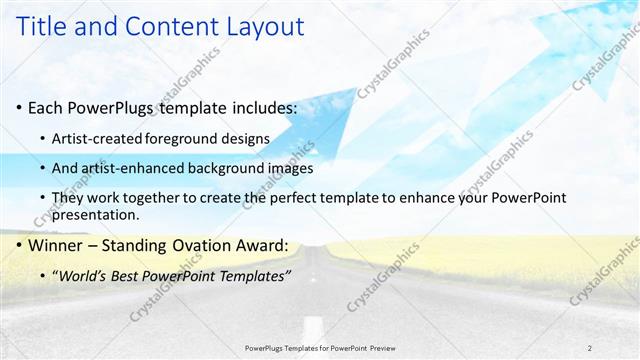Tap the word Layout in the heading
point(243,29)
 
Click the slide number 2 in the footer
point(589,347)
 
